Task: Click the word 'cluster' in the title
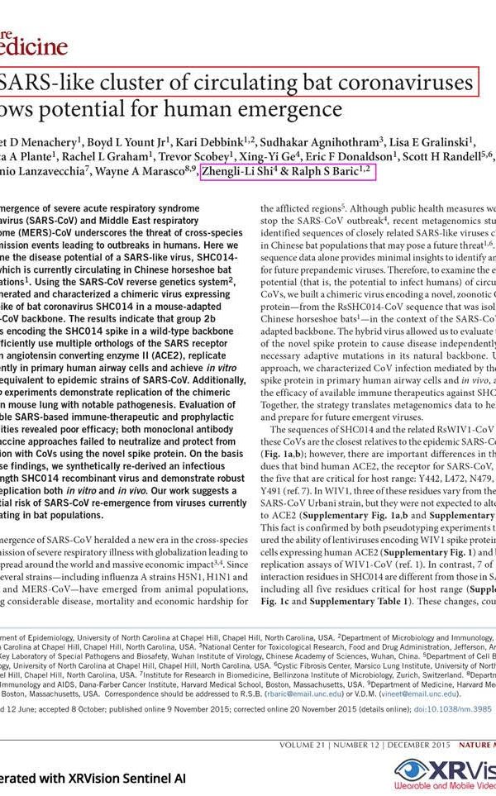tap(140, 83)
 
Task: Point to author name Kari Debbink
tap(221, 139)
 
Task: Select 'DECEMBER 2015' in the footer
tap(413, 744)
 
